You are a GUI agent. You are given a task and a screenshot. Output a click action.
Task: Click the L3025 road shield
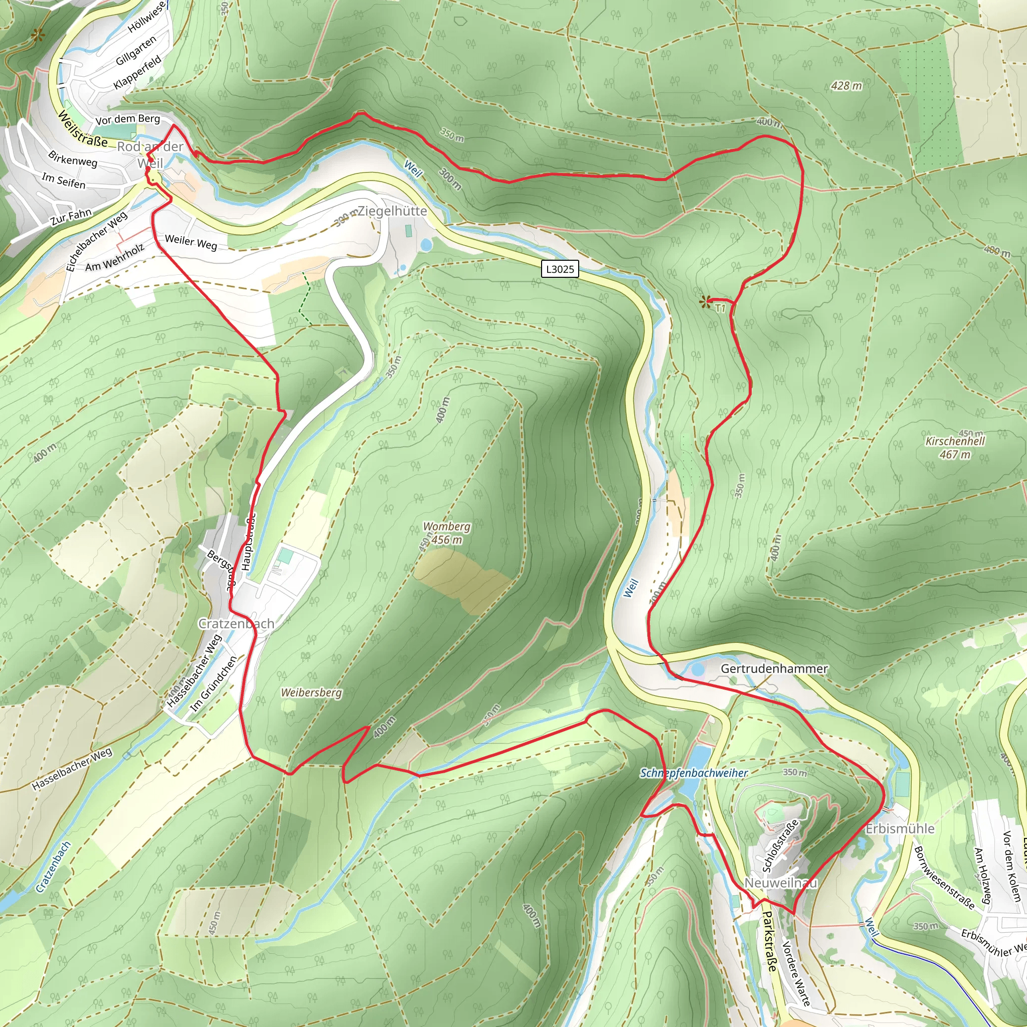560,269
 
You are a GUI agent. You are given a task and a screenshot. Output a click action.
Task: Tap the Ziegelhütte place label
392,211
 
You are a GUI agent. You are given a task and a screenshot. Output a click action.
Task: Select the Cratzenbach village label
236,623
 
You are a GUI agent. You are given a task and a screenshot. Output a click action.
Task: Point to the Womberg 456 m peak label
446,533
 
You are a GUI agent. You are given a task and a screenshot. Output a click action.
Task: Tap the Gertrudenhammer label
774,669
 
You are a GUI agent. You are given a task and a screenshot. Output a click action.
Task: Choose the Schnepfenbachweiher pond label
694,773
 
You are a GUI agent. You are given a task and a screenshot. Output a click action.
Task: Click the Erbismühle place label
900,829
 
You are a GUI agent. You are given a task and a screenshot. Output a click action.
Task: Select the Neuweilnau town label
780,883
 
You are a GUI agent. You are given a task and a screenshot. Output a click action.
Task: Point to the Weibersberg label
311,693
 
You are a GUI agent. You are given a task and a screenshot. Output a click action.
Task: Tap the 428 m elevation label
847,86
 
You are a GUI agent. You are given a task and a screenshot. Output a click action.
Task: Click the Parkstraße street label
769,941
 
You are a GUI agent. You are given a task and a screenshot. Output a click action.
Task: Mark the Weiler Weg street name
191,242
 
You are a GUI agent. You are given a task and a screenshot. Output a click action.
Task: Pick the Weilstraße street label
82,129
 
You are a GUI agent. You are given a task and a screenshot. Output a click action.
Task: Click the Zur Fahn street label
71,217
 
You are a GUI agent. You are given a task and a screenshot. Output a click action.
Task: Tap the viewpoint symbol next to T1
706,302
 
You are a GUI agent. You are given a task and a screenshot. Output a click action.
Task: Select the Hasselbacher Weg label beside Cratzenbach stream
72,769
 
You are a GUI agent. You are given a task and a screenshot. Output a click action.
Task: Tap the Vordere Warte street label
796,973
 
